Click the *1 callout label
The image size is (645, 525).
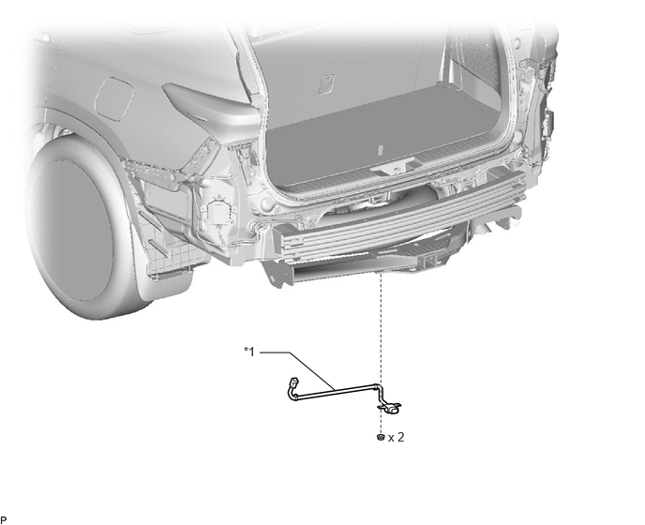click(249, 352)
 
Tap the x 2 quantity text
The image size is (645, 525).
click(397, 437)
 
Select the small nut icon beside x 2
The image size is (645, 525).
click(381, 437)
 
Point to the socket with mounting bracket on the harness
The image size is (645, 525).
click(390, 409)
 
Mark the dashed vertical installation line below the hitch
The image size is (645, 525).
click(381, 350)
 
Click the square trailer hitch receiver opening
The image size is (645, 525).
click(428, 259)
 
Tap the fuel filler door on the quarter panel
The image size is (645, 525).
click(114, 98)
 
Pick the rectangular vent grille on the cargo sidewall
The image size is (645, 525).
click(326, 83)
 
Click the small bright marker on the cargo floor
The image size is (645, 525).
click(381, 150)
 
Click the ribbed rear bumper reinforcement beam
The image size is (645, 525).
click(401, 214)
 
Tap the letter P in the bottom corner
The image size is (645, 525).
click(4, 520)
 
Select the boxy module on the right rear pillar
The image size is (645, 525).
click(547, 124)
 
